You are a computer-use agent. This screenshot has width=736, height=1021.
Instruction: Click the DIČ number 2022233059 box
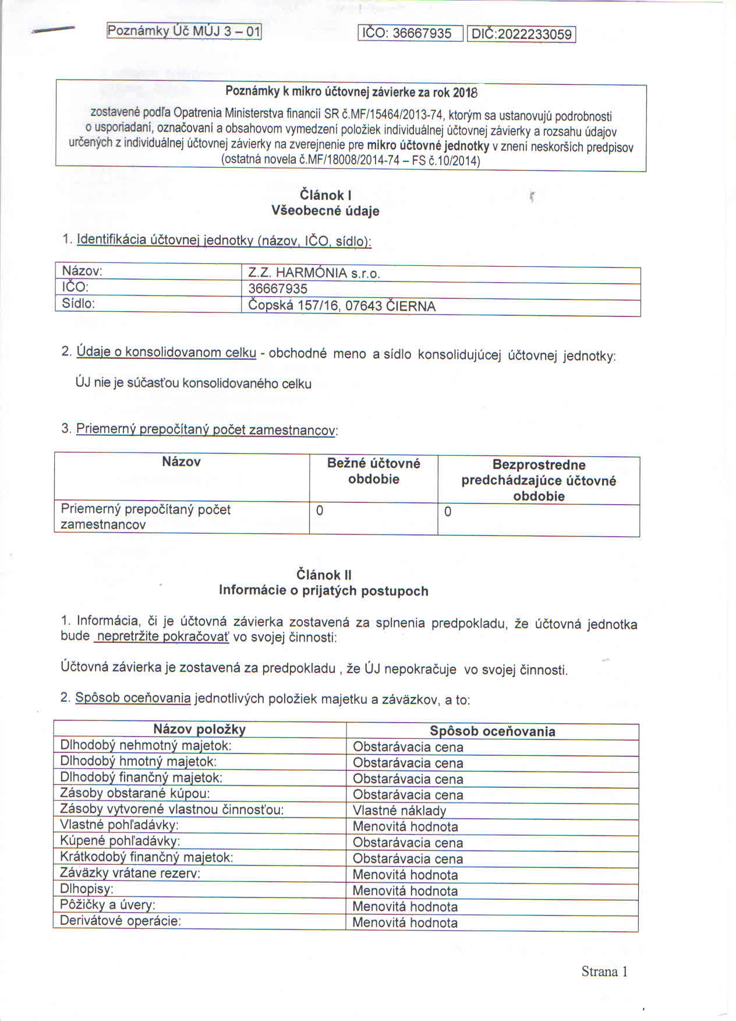(x=521, y=34)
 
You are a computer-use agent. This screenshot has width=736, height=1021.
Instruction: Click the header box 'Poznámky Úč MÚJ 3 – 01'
(x=184, y=31)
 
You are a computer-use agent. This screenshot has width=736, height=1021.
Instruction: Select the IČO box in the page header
(x=410, y=34)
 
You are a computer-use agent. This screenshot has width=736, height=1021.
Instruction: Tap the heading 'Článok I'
(x=325, y=195)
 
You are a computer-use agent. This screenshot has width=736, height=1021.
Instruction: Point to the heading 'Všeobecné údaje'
(x=325, y=211)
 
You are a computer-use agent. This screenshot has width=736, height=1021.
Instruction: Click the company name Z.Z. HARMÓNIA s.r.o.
(x=314, y=273)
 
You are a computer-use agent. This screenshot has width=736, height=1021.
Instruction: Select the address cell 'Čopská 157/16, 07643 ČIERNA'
(x=342, y=306)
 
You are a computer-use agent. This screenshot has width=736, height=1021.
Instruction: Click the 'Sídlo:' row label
(x=78, y=304)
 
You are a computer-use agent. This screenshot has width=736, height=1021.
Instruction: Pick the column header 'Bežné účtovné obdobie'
(x=373, y=471)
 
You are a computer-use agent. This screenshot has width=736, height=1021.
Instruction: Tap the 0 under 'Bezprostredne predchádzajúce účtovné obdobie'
(x=448, y=512)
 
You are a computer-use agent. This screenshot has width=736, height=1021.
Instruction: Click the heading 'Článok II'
(x=324, y=575)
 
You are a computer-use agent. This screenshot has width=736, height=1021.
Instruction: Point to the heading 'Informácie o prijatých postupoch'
(x=324, y=591)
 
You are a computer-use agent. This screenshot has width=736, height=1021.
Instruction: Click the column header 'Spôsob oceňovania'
(x=492, y=731)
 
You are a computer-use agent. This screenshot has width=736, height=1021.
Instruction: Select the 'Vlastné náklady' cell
(x=399, y=811)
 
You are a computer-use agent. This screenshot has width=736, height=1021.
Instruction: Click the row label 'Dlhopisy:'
(x=87, y=889)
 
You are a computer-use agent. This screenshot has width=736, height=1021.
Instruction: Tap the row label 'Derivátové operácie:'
(x=121, y=921)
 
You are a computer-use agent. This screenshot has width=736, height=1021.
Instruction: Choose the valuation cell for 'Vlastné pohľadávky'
(x=405, y=826)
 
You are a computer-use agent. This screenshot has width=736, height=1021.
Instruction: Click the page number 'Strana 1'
(x=604, y=971)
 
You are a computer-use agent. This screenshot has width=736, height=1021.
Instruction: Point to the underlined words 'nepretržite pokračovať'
(x=162, y=636)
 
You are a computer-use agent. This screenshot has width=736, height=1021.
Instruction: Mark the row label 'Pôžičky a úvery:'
(x=108, y=905)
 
